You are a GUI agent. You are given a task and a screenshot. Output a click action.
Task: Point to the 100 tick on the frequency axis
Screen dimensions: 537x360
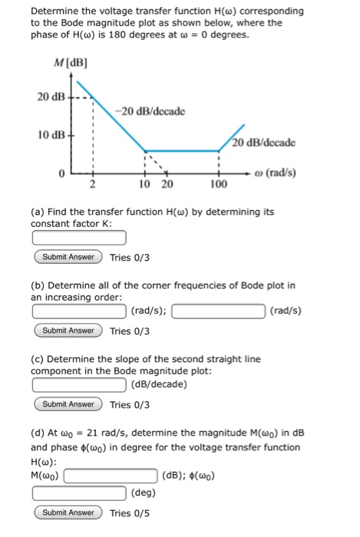[x=219, y=185]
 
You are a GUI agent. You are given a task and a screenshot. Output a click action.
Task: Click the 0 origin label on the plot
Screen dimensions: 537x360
[x=59, y=174]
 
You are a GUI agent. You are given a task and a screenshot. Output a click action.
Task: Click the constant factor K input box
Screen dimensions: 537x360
[x=79, y=239]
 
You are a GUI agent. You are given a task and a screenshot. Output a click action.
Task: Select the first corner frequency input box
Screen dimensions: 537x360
[x=79, y=311]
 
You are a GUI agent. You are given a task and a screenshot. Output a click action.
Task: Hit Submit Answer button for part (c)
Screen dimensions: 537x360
[x=68, y=404]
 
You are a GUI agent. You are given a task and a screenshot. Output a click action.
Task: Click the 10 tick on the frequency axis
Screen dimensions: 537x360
[x=144, y=185]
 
